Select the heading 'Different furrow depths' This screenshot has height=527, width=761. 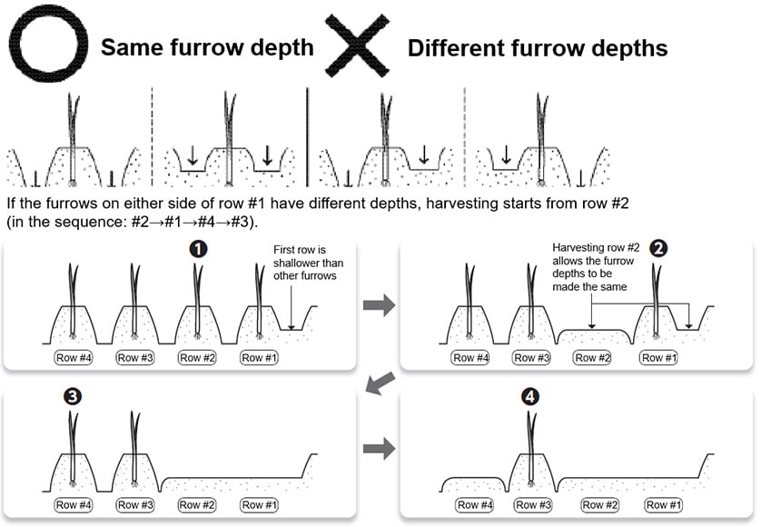(537, 46)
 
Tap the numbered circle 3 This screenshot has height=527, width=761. (72, 397)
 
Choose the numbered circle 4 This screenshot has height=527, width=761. (530, 397)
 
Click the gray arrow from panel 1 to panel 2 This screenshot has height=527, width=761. (380, 305)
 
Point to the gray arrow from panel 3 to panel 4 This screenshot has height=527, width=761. (380, 448)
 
